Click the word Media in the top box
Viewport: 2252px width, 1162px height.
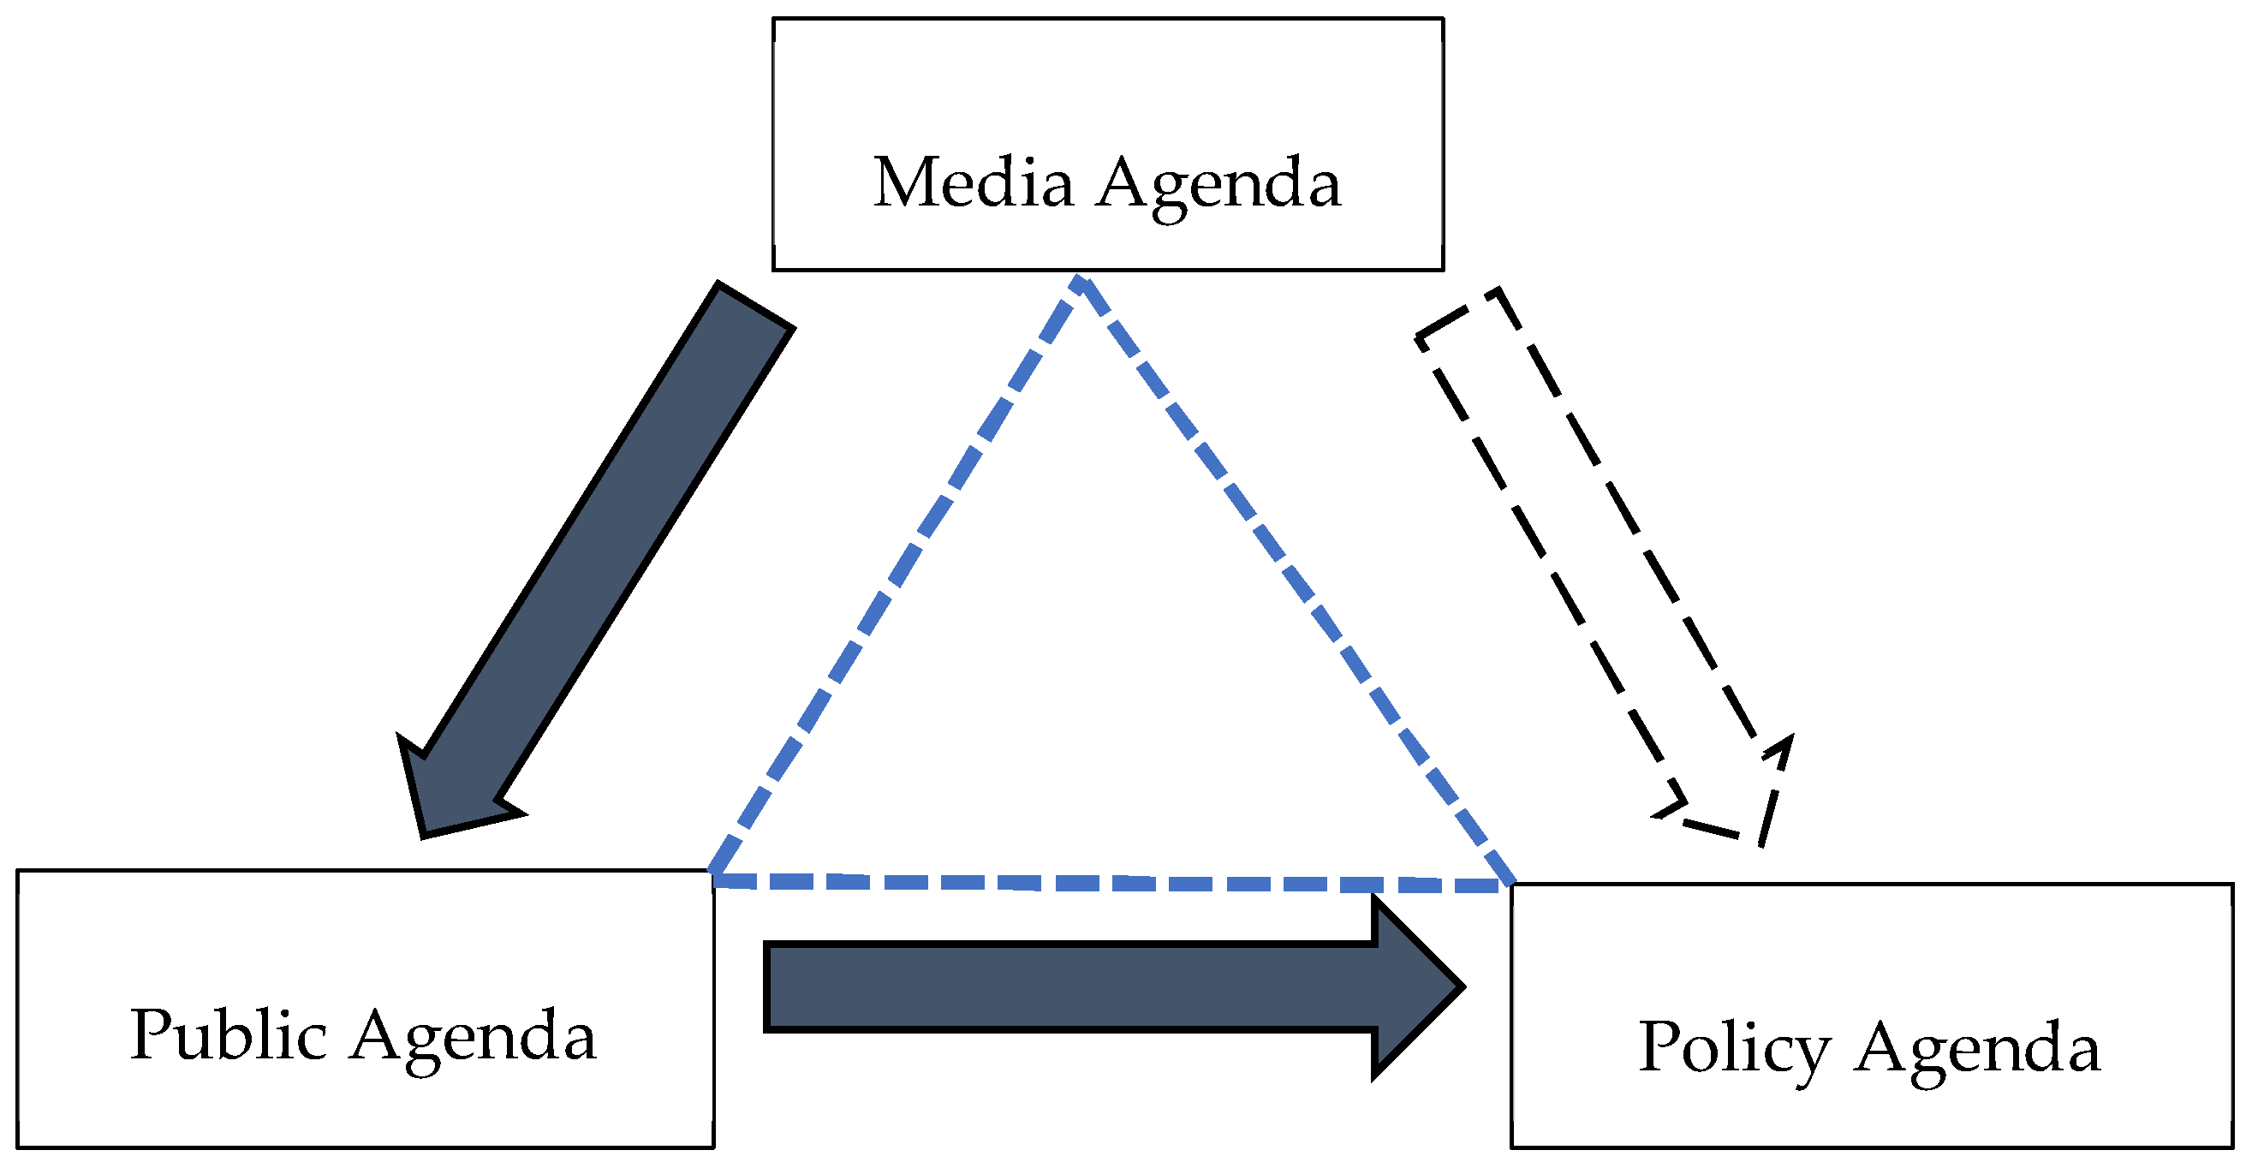[972, 182]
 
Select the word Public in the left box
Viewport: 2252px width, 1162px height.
[228, 1036]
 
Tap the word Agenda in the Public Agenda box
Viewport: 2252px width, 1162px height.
[473, 1038]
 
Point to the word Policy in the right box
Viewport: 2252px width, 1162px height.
[1734, 1048]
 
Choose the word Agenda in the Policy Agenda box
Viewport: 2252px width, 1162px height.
[1976, 1049]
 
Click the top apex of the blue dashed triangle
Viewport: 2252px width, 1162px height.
[1081, 282]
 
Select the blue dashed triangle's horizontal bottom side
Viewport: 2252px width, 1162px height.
[1111, 883]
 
